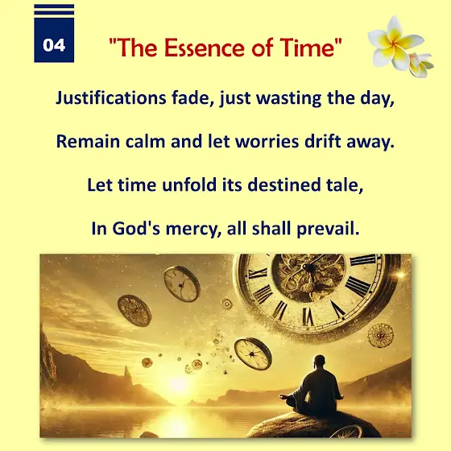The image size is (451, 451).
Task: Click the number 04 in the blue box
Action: tap(54, 45)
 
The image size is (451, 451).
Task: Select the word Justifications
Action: tap(111, 97)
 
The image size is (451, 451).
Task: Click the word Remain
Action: tap(88, 142)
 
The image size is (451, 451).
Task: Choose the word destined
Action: tap(283, 184)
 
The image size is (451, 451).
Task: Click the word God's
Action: tap(136, 229)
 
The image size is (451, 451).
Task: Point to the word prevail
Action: tap(328, 230)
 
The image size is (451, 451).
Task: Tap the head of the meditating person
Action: tap(319, 362)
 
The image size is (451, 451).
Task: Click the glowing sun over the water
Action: tap(178, 383)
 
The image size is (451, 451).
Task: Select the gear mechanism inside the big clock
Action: tap(308, 278)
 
